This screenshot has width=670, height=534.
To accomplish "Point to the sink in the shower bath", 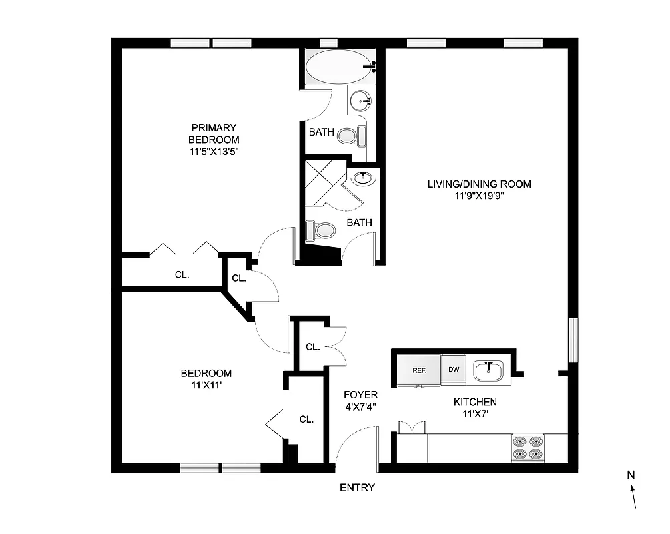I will [x=363, y=178].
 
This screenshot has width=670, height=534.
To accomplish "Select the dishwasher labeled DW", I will [x=454, y=370].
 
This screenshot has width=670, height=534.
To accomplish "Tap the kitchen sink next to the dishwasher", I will [x=490, y=370].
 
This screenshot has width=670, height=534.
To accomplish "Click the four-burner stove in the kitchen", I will [x=527, y=447].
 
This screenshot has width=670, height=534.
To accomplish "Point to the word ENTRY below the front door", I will [x=357, y=487].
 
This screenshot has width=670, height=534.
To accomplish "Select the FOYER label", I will [x=360, y=395].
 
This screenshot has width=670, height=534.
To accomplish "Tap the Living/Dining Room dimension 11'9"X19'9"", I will [x=479, y=196].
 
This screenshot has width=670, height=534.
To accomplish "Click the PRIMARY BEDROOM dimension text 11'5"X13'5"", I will [x=214, y=151].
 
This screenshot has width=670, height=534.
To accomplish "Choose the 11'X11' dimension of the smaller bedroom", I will [x=206, y=385].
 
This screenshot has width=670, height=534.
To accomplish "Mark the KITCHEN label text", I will [x=475, y=402].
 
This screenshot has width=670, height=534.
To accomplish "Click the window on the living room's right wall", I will [x=572, y=341].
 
